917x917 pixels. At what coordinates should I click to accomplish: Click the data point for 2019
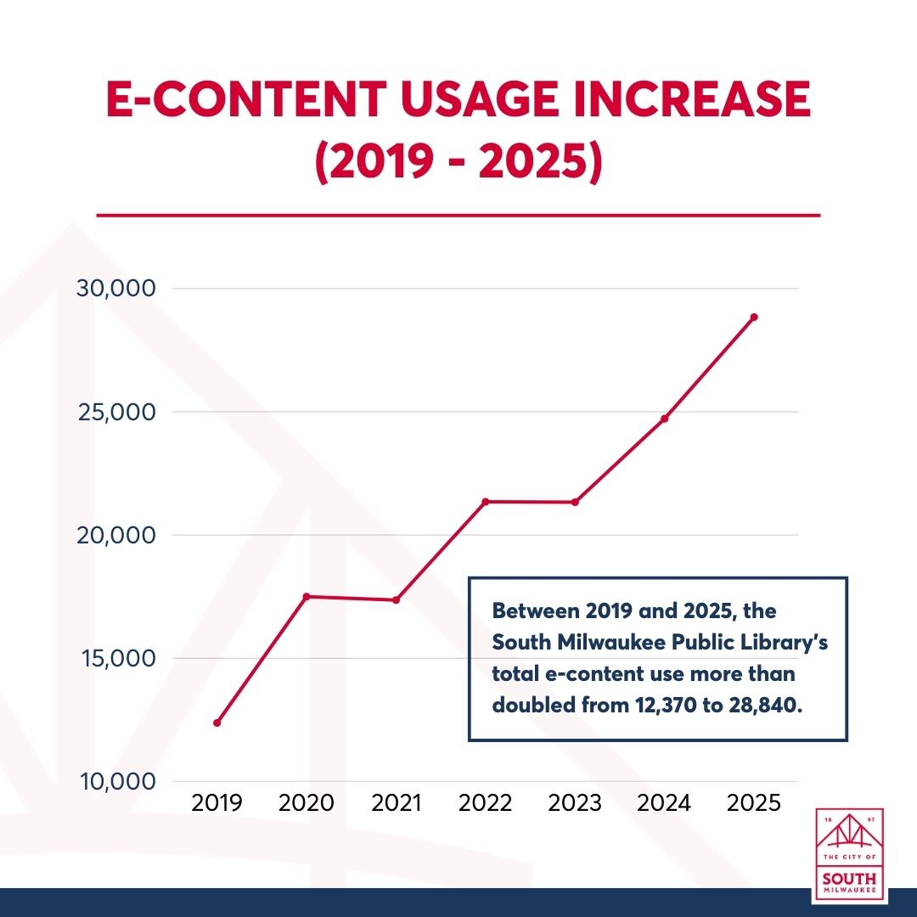(217, 723)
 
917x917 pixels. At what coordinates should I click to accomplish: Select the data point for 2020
(307, 596)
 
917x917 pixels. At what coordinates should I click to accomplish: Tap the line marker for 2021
(396, 600)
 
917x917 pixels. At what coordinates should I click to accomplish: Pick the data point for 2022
(486, 502)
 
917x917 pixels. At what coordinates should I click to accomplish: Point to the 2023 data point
(575, 502)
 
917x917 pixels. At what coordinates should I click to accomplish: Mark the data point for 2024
(665, 419)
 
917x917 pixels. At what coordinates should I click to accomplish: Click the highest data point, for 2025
(754, 317)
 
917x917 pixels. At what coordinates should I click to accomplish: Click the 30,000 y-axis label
(115, 289)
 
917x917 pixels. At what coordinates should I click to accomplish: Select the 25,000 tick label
(115, 412)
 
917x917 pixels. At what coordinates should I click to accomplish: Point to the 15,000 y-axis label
(115, 659)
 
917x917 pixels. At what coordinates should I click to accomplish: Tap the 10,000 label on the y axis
(115, 782)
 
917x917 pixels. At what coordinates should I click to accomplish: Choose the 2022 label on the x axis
(486, 803)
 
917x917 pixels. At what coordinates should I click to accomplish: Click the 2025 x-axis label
(754, 803)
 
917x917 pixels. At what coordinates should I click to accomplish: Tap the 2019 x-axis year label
(217, 803)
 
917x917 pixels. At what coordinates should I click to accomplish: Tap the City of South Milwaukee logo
(849, 855)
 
